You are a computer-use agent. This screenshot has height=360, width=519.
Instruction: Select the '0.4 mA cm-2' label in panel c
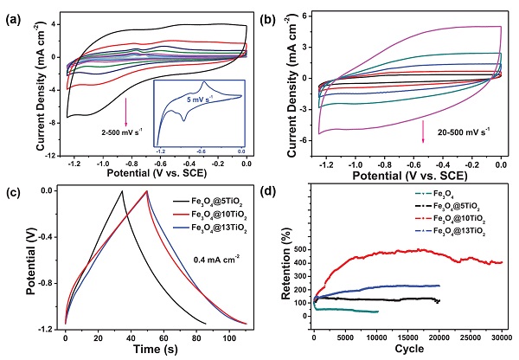(196, 257)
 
